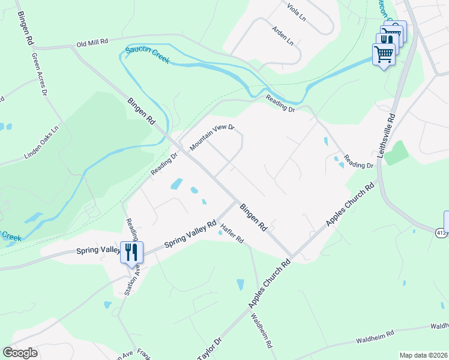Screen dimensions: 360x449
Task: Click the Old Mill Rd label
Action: pos(91,43)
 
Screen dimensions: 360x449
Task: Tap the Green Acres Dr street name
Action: pos(40,73)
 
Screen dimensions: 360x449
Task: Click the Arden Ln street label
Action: pos(283,36)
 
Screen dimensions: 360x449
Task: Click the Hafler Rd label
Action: pos(232,233)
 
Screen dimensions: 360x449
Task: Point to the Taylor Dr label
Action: pos(209,348)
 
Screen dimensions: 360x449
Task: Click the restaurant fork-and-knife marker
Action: pos(130,251)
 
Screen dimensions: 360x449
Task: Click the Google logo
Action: pos(20,353)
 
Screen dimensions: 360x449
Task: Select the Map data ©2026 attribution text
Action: pos(423,355)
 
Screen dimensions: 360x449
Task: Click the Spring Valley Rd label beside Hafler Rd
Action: pos(187,235)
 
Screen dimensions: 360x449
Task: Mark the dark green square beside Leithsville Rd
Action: pos(396,153)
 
